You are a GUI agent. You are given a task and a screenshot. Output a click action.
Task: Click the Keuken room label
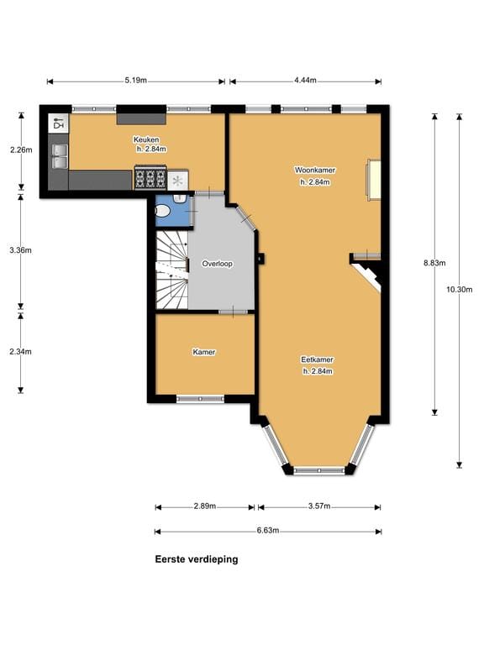pos(145,139)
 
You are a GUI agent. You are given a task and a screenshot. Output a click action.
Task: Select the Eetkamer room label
pos(317,359)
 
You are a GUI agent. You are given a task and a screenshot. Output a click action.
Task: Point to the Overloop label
pos(217,264)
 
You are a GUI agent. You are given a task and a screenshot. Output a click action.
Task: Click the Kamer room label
pos(203,352)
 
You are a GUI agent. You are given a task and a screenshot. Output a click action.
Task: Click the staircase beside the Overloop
pos(171,269)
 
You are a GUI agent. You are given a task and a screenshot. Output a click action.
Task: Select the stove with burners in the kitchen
pos(150,179)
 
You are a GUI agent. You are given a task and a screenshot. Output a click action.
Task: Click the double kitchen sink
pos(60,157)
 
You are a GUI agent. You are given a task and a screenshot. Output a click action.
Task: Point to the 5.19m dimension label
pos(135,81)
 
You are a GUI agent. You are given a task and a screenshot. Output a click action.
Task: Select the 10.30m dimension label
pos(460,290)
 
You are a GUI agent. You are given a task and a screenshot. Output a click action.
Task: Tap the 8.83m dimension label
pos(434,262)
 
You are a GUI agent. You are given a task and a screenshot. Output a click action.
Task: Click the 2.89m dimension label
pos(204,506)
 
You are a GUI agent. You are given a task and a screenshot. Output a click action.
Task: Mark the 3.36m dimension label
pos(21,250)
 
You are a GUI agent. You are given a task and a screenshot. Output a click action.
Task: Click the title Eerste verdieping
pos(196,559)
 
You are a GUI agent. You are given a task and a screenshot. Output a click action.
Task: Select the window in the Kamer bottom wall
pos(200,399)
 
